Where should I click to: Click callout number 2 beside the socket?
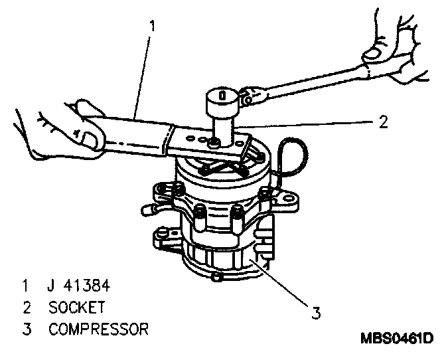383,122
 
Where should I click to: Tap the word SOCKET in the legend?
76,308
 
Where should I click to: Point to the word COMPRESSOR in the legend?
98,329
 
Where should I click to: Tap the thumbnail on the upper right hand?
376,50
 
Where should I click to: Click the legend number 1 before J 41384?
25,288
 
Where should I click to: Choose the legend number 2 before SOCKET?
25,308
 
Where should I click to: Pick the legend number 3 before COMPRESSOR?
25,329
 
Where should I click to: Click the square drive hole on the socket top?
222,94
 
